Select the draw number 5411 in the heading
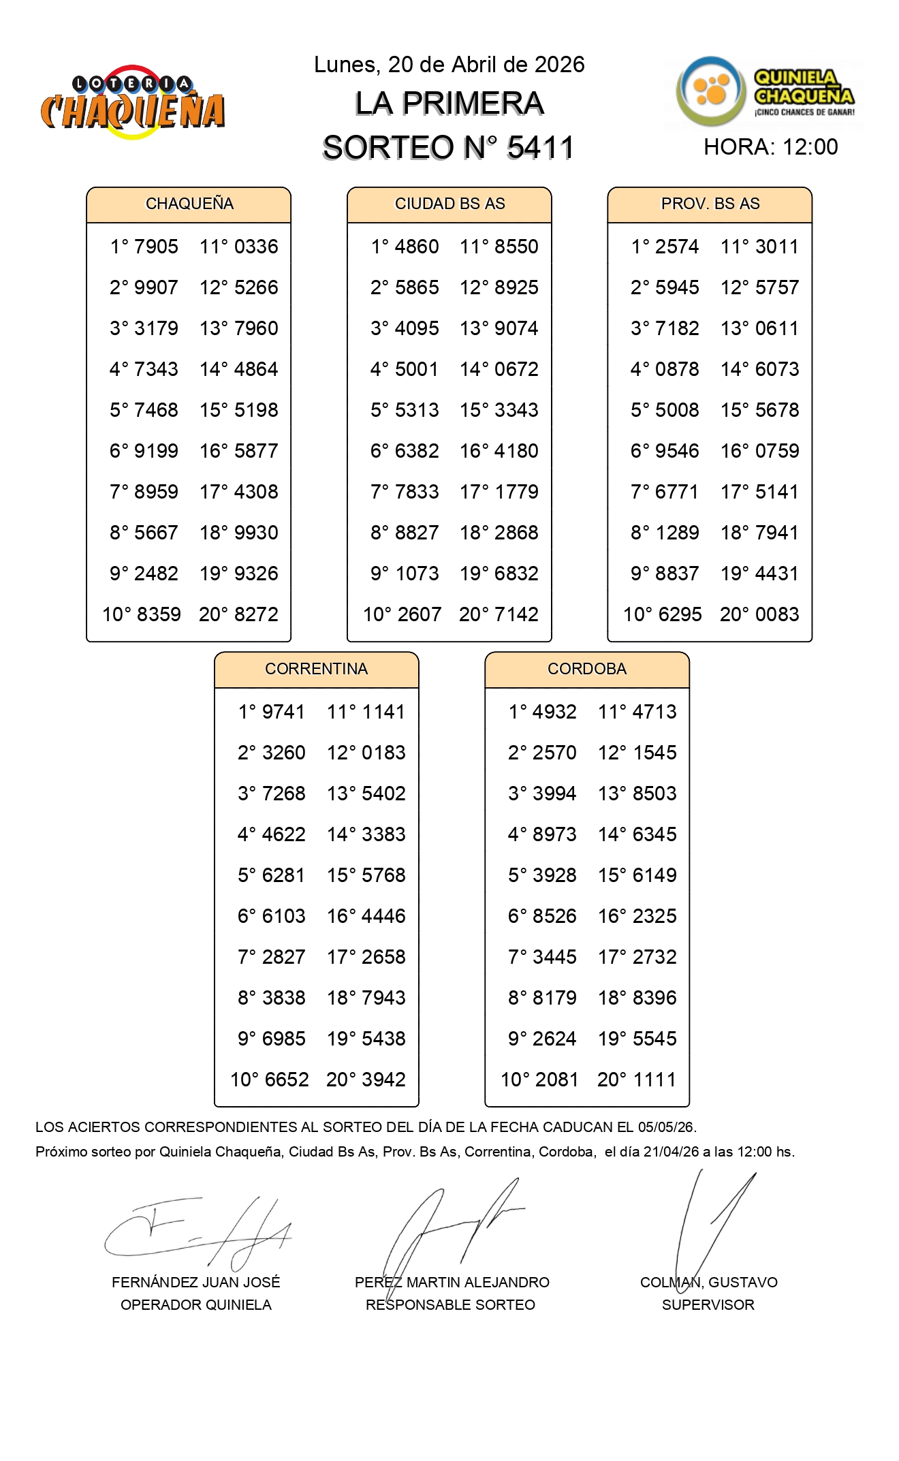[540, 148]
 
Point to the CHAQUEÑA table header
[189, 204]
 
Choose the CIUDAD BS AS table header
[449, 204]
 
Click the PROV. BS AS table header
[710, 204]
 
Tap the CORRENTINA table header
[316, 669]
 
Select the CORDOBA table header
[586, 669]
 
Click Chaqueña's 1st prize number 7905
[156, 247]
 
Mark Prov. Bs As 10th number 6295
[676, 614]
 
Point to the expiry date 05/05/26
[666, 1127]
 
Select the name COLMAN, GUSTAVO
[708, 1283]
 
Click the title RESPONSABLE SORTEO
[450, 1305]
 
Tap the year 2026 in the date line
[559, 65]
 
